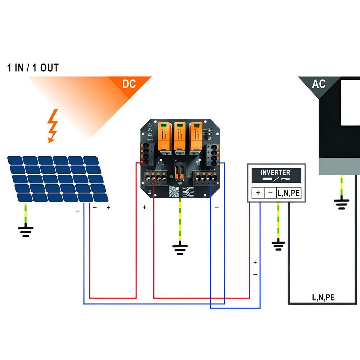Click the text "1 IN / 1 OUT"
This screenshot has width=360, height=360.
point(33,68)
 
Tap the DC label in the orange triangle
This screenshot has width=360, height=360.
point(129,84)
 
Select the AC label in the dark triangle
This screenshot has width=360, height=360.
point(319,84)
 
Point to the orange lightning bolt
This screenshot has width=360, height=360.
point(53,126)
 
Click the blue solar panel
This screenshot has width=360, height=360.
point(58,179)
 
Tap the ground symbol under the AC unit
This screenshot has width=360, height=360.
point(341,204)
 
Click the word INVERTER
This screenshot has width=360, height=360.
point(276,172)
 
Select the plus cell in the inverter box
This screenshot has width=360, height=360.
point(258,193)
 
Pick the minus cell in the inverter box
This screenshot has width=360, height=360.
point(270,193)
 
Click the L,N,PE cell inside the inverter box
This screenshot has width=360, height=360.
point(288,193)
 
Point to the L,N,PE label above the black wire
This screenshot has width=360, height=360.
point(323,297)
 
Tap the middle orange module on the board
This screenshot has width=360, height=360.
point(179,136)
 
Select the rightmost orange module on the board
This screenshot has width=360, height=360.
point(195,136)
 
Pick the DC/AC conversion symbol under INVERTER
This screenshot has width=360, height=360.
point(276,179)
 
